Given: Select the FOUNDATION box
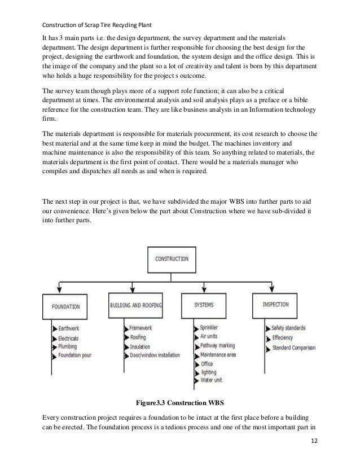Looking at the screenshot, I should pyautogui.click(x=65, y=307).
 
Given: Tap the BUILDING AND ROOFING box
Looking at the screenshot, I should pyautogui.click(x=135, y=305).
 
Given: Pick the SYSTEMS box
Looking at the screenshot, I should pyautogui.click(x=203, y=305).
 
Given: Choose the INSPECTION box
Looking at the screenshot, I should pyautogui.click(x=276, y=305).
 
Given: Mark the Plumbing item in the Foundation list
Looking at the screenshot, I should pyautogui.click(x=69, y=347).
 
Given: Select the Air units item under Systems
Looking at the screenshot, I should pyautogui.click(x=210, y=336).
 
